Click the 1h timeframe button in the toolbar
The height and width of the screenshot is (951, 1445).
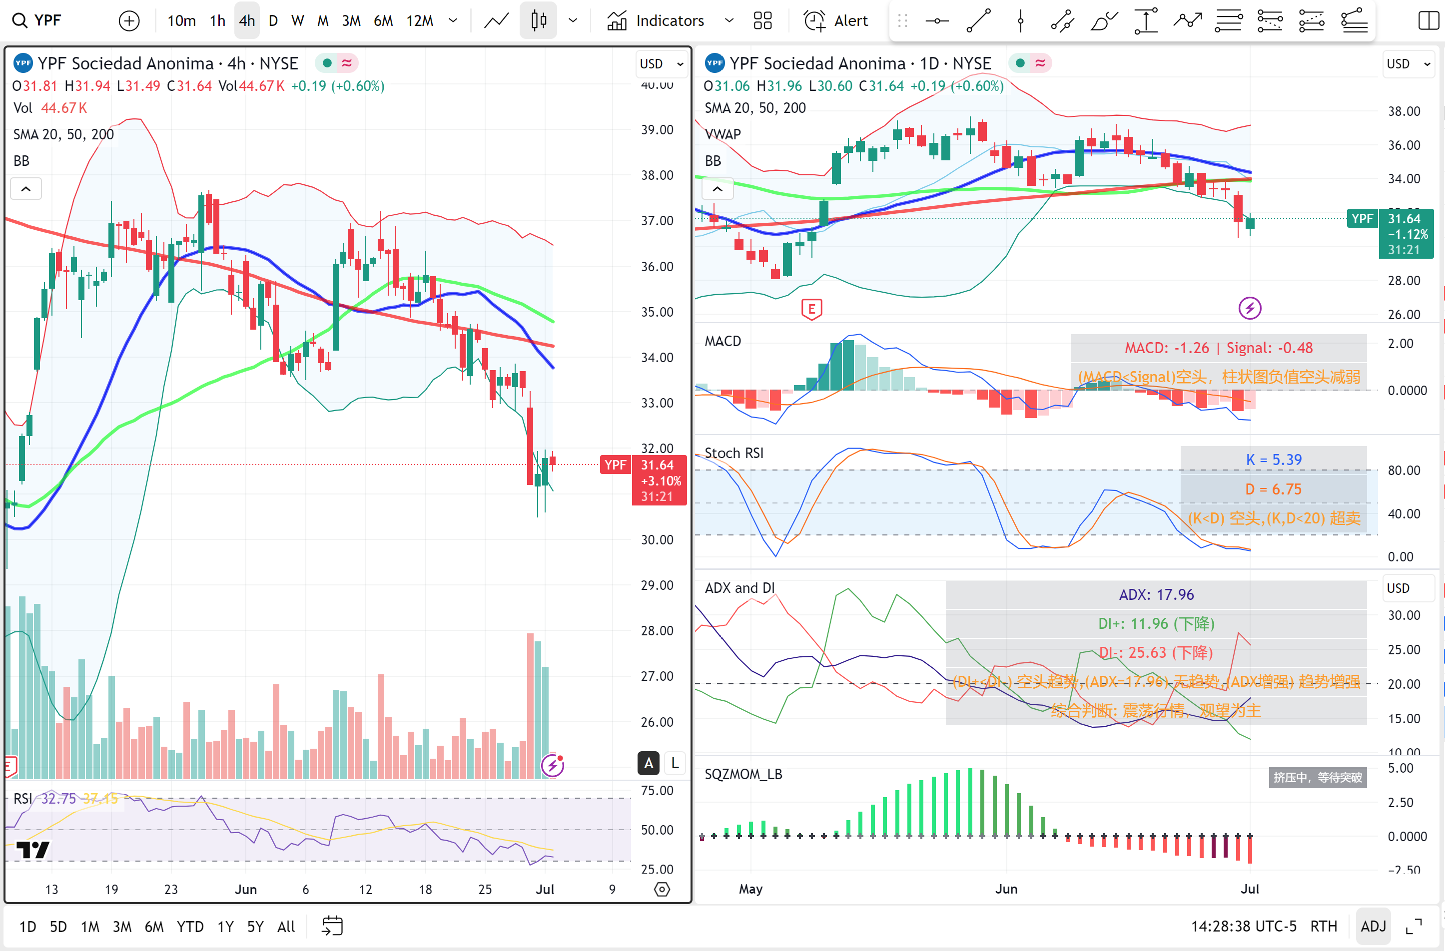point(217,20)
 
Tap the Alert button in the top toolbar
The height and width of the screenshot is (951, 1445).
point(836,20)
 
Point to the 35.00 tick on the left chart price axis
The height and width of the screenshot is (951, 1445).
point(657,312)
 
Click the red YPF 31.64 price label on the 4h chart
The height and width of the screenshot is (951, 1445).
point(644,466)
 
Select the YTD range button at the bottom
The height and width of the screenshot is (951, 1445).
point(190,926)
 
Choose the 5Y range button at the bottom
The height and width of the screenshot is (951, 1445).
point(255,926)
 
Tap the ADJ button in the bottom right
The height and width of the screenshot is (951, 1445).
point(1373,926)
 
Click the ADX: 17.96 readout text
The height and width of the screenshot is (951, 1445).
point(1156,595)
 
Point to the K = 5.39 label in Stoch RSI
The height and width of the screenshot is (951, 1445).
point(1273,460)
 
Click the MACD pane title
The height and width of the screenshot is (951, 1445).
point(722,341)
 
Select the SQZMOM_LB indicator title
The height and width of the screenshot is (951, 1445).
point(743,774)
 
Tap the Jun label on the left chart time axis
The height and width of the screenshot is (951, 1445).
point(245,889)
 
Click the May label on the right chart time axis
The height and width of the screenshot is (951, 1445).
point(750,889)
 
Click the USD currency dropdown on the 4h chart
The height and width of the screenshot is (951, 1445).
point(661,64)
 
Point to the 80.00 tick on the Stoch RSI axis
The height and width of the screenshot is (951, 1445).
point(1403,471)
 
